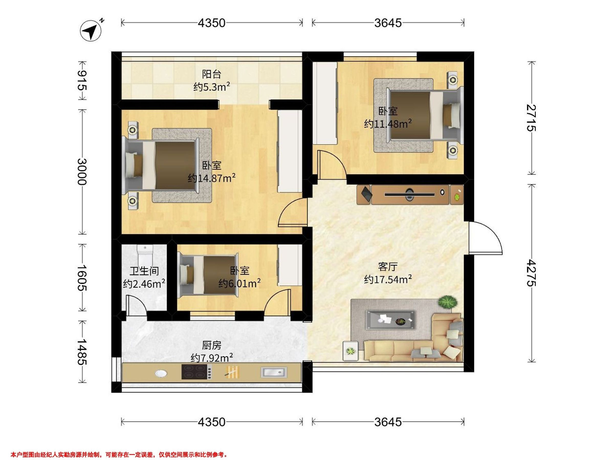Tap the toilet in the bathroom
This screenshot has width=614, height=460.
tap(146, 255)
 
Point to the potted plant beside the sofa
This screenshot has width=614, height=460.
tap(447, 302)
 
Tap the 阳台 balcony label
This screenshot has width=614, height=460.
tap(212, 74)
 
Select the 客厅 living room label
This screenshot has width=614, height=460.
tap(388, 267)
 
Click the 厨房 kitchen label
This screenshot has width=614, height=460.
tap(212, 346)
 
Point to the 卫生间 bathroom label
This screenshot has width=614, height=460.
tap(144, 271)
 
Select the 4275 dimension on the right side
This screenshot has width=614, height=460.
tap(531, 273)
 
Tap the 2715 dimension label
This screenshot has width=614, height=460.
tap(531, 118)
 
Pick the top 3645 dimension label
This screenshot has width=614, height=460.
tap(388, 23)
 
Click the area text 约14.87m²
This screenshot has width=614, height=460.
tap(212, 178)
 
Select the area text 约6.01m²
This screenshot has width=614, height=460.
tap(239, 283)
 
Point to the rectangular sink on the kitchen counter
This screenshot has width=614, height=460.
tap(274, 372)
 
